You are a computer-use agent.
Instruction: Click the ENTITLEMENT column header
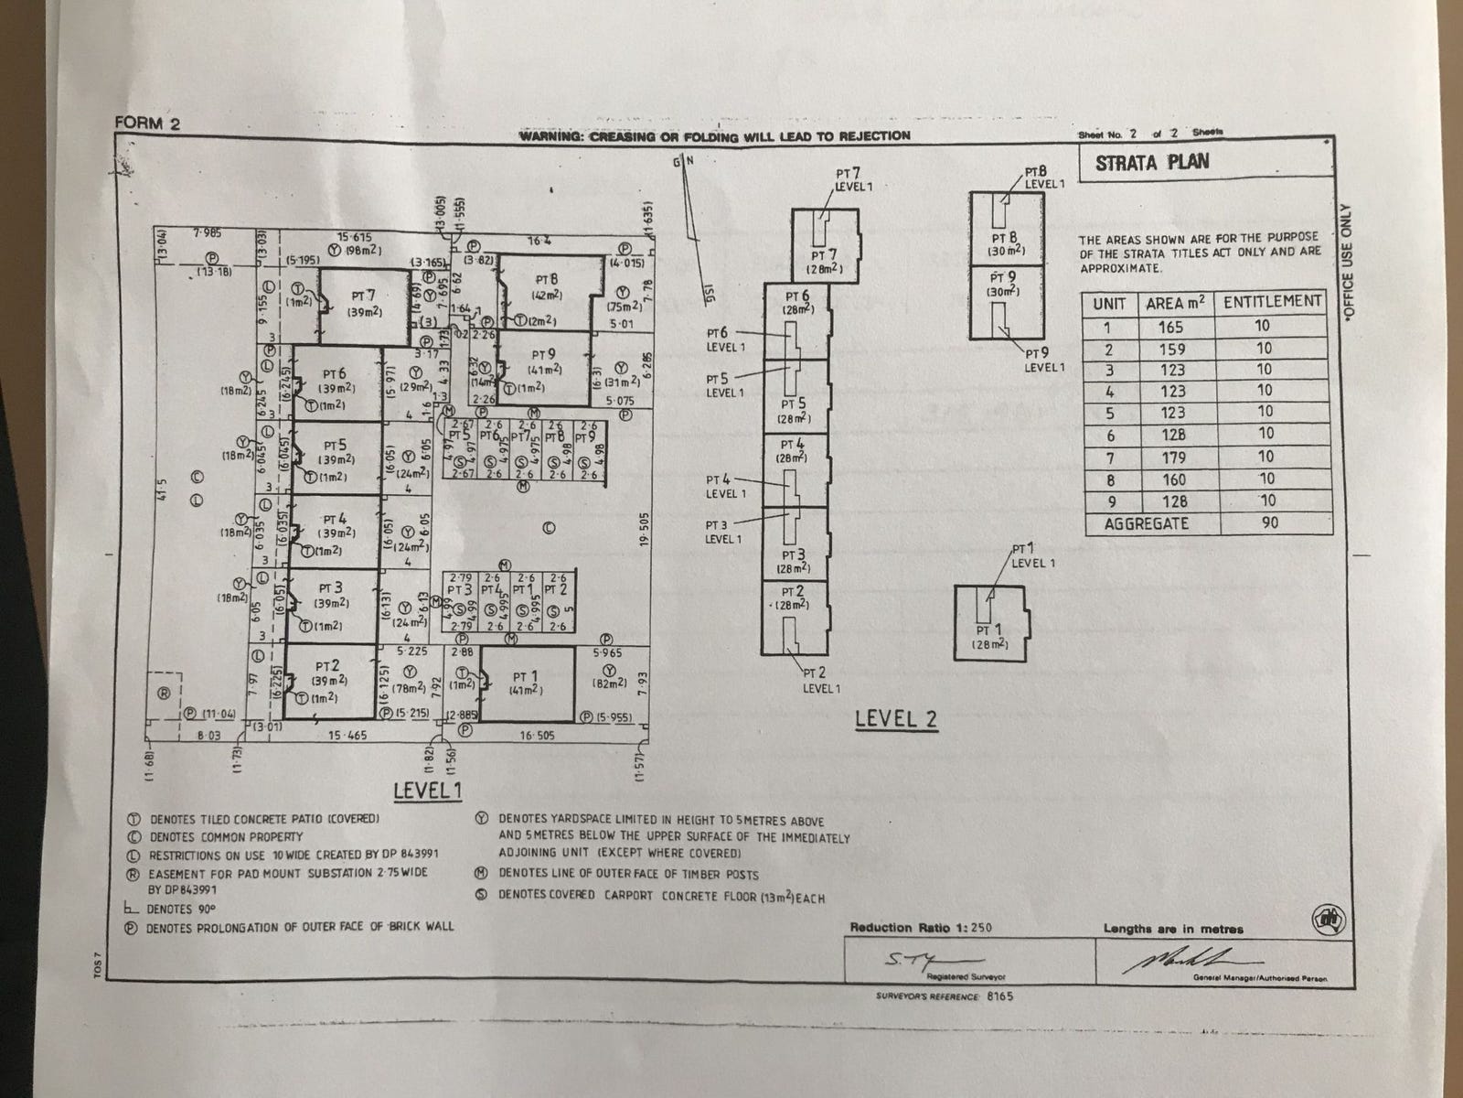pyautogui.click(x=1272, y=302)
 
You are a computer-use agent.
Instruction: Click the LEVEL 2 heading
pyautogui.click(x=896, y=719)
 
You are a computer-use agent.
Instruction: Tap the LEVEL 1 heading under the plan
pyautogui.click(x=427, y=791)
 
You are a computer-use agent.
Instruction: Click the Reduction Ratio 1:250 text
pyautogui.click(x=920, y=928)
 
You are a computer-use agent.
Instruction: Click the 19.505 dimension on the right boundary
pyautogui.click(x=645, y=531)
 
